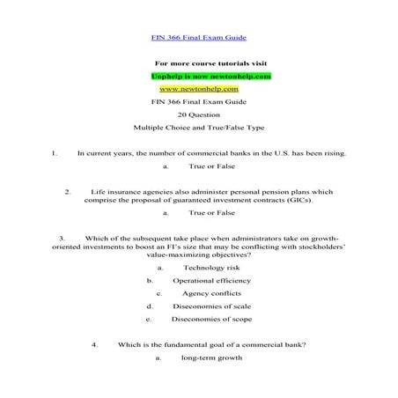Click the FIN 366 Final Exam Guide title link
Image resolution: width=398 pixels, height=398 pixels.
(x=198, y=38)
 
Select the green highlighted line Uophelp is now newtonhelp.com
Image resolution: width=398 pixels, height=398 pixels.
(x=210, y=77)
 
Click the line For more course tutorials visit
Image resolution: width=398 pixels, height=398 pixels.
(x=210, y=63)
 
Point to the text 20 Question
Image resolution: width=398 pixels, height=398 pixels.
(x=198, y=114)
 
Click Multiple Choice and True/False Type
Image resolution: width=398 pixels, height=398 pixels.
(x=198, y=128)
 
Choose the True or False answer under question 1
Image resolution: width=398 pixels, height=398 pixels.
(x=211, y=166)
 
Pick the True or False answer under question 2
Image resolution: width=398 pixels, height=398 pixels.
(x=211, y=212)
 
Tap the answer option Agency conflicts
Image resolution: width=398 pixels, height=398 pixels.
(x=210, y=293)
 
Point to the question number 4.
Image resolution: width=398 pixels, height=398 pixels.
(x=94, y=344)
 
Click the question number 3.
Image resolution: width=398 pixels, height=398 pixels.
(x=63, y=238)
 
